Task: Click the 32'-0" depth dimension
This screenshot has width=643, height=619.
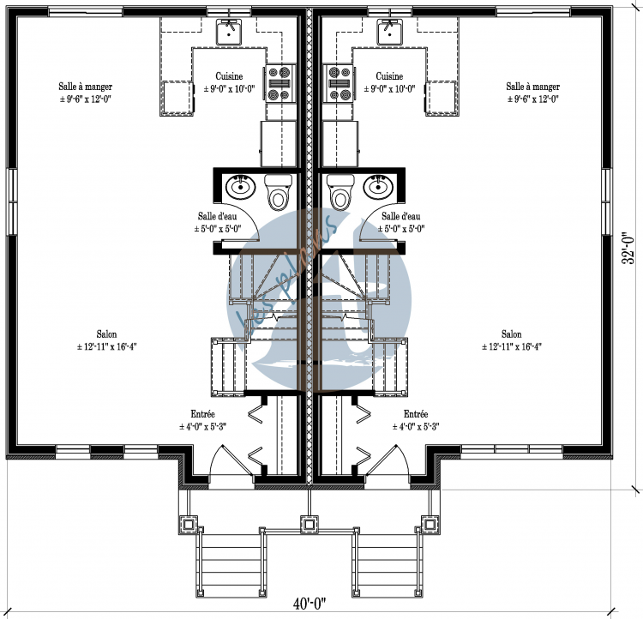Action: [629, 247]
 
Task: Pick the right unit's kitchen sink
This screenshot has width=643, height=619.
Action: [391, 32]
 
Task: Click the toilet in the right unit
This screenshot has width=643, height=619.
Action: [340, 193]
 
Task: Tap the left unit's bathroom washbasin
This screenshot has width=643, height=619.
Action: [239, 185]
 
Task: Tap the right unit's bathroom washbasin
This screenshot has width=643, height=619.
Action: [378, 185]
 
